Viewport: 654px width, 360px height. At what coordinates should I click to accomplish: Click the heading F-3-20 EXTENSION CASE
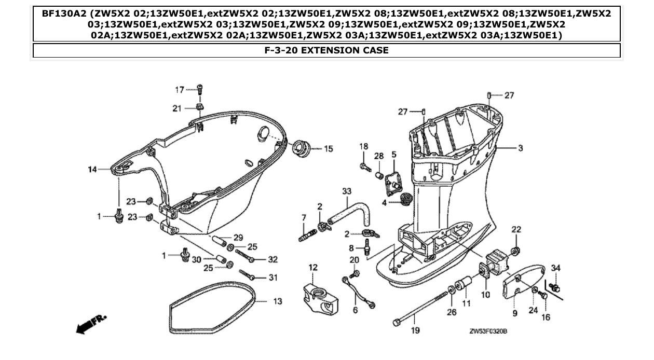(x=326, y=50)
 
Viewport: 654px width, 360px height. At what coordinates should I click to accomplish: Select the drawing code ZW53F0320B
(x=488, y=331)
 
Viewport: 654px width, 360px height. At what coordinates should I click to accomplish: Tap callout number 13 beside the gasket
(x=277, y=301)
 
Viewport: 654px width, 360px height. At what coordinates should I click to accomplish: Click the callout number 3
(x=520, y=148)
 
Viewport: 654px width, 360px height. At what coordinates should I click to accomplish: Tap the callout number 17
(x=179, y=90)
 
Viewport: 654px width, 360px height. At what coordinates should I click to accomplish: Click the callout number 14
(x=92, y=169)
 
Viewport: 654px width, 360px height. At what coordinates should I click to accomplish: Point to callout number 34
(x=556, y=268)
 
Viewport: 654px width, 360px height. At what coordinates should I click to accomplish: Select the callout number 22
(x=516, y=229)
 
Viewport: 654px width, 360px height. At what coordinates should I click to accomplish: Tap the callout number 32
(x=272, y=259)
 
